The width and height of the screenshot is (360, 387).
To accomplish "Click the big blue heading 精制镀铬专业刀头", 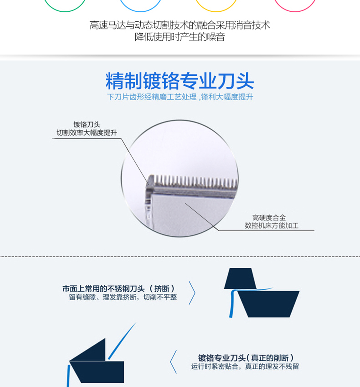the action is [x=180, y=81].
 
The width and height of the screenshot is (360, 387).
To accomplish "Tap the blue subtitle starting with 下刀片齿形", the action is [x=180, y=97].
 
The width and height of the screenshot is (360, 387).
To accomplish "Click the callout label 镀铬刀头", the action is [x=87, y=124].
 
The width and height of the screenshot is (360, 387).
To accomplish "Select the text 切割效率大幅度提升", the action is [x=87, y=133].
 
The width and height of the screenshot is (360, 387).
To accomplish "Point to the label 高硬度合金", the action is [x=269, y=217].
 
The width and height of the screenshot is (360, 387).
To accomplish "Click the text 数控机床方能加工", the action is [x=272, y=226].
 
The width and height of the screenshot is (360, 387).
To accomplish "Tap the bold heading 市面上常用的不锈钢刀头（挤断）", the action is [x=119, y=289].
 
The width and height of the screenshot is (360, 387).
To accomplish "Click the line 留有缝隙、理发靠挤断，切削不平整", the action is [x=123, y=297].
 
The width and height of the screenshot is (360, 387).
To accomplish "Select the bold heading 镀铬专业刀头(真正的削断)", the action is [x=246, y=358].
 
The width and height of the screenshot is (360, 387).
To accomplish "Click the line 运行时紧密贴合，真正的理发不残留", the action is [x=245, y=366].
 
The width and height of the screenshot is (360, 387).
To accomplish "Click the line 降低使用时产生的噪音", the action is [x=180, y=37].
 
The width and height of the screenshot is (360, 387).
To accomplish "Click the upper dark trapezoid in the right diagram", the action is [x=240, y=278].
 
